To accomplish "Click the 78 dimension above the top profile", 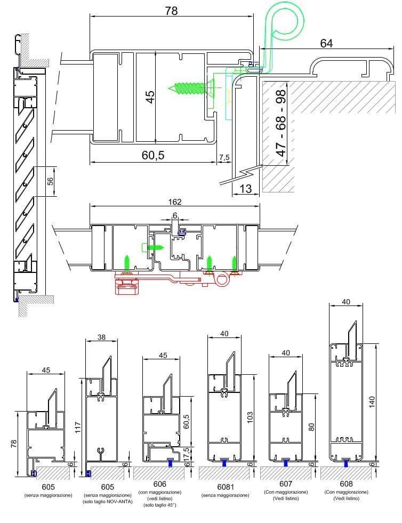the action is [x=171, y=11].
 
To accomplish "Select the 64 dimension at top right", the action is [x=326, y=43].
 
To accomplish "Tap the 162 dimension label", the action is [x=175, y=202].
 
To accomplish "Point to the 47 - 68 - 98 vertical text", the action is [x=281, y=123].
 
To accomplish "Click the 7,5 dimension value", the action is [x=224, y=157].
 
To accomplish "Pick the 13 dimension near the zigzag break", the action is [x=246, y=189].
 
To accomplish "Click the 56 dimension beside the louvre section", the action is [x=50, y=181].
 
